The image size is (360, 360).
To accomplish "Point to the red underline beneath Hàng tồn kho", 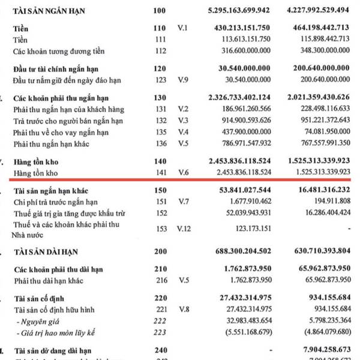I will (x=180, y=179).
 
